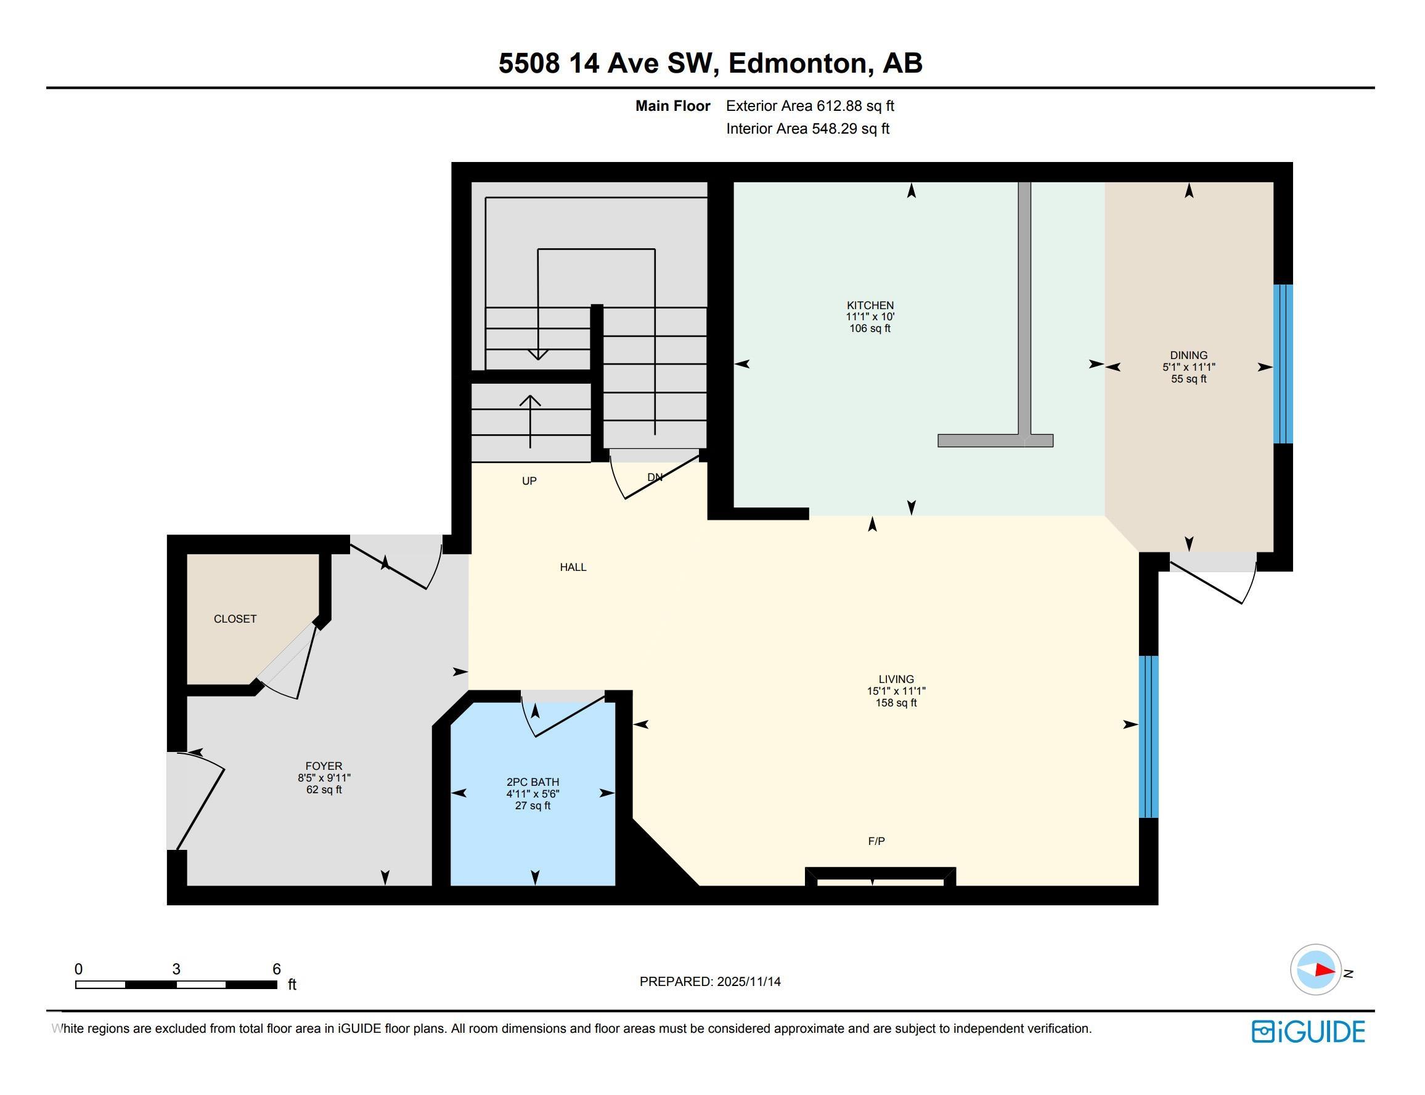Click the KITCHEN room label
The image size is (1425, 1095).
click(870, 305)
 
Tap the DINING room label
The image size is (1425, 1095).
click(1188, 355)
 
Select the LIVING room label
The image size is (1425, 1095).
click(896, 679)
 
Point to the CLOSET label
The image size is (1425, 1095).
click(235, 619)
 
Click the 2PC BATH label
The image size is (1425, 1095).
click(533, 782)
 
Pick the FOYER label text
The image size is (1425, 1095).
click(324, 766)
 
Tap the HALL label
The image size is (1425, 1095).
click(573, 567)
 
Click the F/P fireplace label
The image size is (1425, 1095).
click(876, 841)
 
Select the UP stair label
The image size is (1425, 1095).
click(529, 481)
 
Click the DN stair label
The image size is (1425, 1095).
click(655, 477)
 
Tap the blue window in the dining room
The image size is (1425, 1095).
click(1283, 364)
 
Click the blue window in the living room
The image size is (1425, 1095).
click(1148, 737)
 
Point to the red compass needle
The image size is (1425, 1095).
click(1325, 970)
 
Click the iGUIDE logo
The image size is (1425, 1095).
click(1309, 1032)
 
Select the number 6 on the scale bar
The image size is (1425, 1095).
click(277, 969)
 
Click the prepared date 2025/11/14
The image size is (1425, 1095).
click(749, 982)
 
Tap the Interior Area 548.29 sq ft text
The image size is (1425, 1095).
click(807, 128)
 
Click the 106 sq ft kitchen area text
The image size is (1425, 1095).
click(870, 328)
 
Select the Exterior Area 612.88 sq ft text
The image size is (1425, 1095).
click(810, 105)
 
